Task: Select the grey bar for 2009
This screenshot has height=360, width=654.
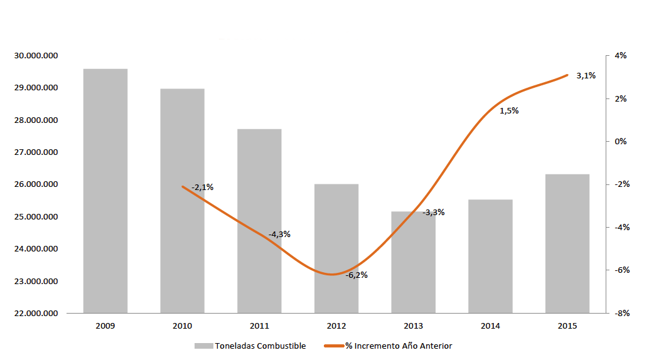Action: (105, 191)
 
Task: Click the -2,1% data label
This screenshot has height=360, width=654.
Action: (202, 187)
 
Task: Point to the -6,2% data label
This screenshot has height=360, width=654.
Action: (356, 275)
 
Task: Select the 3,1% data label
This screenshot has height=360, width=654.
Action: (586, 76)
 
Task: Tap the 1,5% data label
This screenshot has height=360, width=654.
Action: (509, 111)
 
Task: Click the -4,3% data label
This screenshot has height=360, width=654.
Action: (279, 235)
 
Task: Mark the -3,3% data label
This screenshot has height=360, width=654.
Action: (433, 213)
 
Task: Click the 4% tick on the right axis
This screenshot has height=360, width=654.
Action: (620, 56)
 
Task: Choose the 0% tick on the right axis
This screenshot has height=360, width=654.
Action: (620, 142)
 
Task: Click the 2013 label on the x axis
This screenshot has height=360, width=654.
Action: (413, 326)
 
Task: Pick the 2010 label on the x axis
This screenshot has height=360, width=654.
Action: (182, 326)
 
